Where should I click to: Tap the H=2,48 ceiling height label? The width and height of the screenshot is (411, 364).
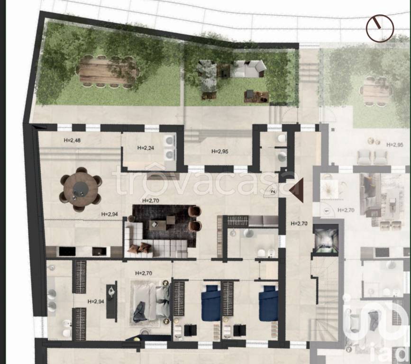(x=72, y=140)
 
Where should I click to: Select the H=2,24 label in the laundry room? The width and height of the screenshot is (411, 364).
(x=146, y=148)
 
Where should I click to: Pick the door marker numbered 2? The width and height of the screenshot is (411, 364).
(x=273, y=192)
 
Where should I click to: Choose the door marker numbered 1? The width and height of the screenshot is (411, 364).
(x=327, y=210)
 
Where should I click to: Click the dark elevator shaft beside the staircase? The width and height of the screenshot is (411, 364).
(x=326, y=239)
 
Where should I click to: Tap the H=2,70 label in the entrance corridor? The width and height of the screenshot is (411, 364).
(x=299, y=224)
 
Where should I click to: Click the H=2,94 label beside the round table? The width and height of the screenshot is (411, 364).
(x=110, y=214)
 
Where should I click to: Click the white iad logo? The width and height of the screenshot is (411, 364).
(x=375, y=326)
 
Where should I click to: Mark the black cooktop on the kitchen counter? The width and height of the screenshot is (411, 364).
(x=67, y=251)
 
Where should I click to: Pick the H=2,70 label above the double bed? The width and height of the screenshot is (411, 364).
(x=144, y=273)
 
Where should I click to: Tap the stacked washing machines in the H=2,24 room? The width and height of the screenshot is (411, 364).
(x=170, y=147)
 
